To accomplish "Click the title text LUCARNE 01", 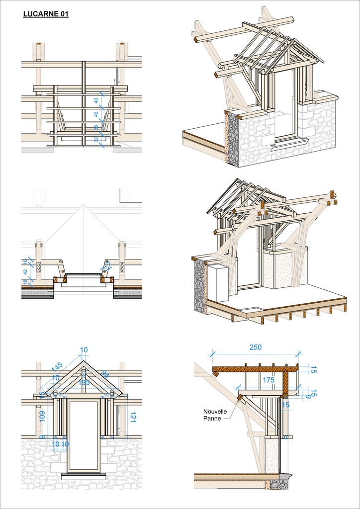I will coord(46,14).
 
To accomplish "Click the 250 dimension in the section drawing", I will coord(256,347).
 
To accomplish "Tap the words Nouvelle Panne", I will coord(215,415).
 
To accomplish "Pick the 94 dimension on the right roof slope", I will coord(105,374).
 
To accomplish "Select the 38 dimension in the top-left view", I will coord(96,128).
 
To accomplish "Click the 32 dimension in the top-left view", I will coord(96,140).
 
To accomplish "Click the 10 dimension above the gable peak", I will coord(84,350).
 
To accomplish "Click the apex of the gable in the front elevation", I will coord(84,362).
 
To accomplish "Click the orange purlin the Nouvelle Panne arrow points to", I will coord(240,398).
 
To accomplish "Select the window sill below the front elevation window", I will coord(84,475).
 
